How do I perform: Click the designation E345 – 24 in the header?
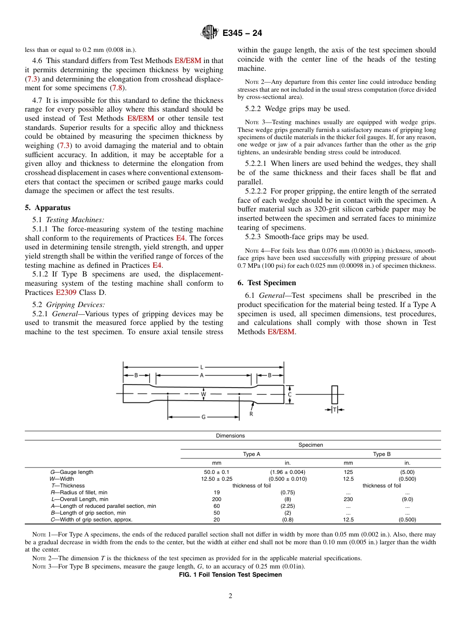(x=242, y=33)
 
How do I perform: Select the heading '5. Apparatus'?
(x=48, y=208)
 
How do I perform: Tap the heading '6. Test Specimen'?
(x=266, y=283)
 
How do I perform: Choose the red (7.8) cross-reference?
(x=117, y=88)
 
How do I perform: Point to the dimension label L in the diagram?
(x=202, y=367)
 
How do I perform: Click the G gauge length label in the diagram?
(x=203, y=417)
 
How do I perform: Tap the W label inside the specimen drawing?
(x=203, y=394)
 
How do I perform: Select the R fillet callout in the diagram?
(x=251, y=414)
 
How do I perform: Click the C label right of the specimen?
(x=290, y=394)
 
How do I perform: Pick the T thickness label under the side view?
(x=334, y=410)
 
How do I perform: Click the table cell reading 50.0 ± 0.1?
(x=216, y=472)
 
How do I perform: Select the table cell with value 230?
(x=348, y=499)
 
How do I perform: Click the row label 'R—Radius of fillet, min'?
(x=75, y=492)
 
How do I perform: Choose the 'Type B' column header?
(x=382, y=454)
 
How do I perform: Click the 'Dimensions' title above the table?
(x=230, y=436)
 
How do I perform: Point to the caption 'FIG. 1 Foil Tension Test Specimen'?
(x=230, y=575)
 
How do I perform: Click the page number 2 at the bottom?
(x=230, y=596)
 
